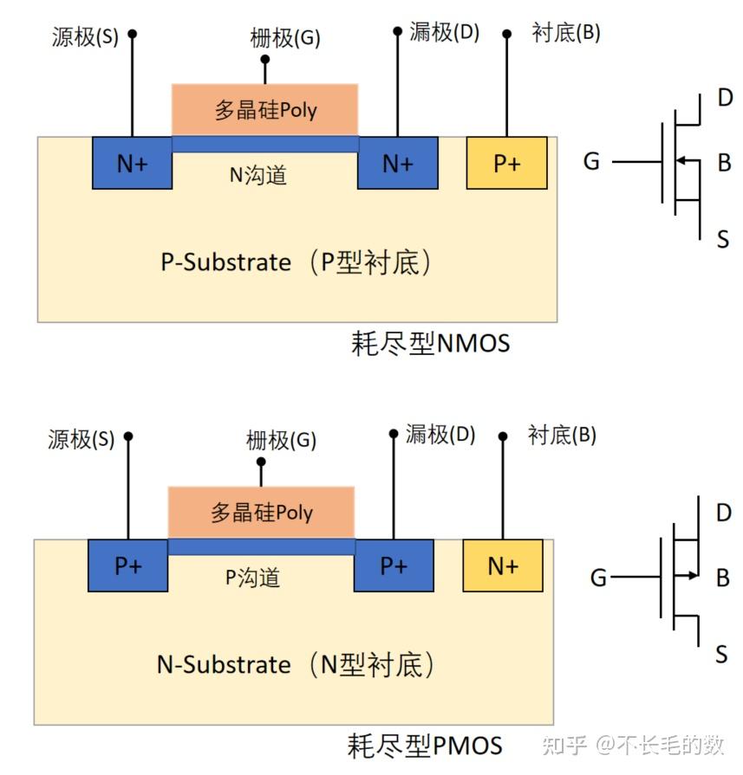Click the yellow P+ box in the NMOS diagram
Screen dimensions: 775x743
pos(506,163)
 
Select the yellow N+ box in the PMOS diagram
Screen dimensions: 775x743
pos(503,565)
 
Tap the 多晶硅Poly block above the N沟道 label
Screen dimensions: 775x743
pos(265,110)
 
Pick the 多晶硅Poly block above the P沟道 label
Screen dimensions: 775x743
pos(261,513)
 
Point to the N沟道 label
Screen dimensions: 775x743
pos(257,176)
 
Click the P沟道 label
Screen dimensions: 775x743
pos(252,578)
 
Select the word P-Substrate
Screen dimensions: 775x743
pos(225,262)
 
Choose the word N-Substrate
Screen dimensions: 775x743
pos(223,665)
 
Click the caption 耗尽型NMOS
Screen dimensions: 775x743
pos(430,344)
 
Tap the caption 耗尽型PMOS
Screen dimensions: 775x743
pos(425,746)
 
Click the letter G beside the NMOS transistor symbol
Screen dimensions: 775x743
pos(591,161)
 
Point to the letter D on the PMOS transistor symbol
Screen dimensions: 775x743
pos(724,513)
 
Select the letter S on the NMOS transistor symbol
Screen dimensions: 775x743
pos(723,240)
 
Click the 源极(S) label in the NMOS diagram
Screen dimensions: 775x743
pos(84,37)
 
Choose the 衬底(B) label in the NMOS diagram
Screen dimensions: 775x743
pos(565,33)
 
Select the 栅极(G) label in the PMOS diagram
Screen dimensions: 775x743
pos(281,441)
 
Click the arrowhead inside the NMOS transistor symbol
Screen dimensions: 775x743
pos(681,160)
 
